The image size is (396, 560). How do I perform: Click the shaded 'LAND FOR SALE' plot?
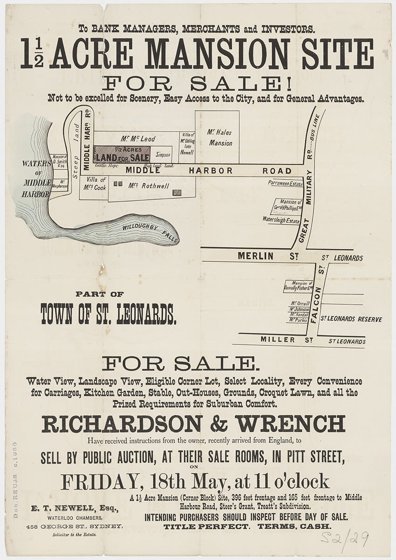(122, 154)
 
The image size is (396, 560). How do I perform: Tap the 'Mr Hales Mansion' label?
(220, 138)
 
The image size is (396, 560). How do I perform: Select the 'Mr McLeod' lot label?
(138, 139)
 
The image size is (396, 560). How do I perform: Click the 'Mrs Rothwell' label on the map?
(149, 186)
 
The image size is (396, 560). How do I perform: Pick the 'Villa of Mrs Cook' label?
(97, 184)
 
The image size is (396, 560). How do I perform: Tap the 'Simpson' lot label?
(163, 154)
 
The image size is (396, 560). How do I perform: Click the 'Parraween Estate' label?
(285, 183)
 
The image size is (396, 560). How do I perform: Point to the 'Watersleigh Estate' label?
(281, 219)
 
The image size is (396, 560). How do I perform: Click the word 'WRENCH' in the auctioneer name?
(290, 424)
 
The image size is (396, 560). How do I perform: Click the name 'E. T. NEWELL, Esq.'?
(75, 508)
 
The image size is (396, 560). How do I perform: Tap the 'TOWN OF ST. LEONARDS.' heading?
(108, 314)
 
